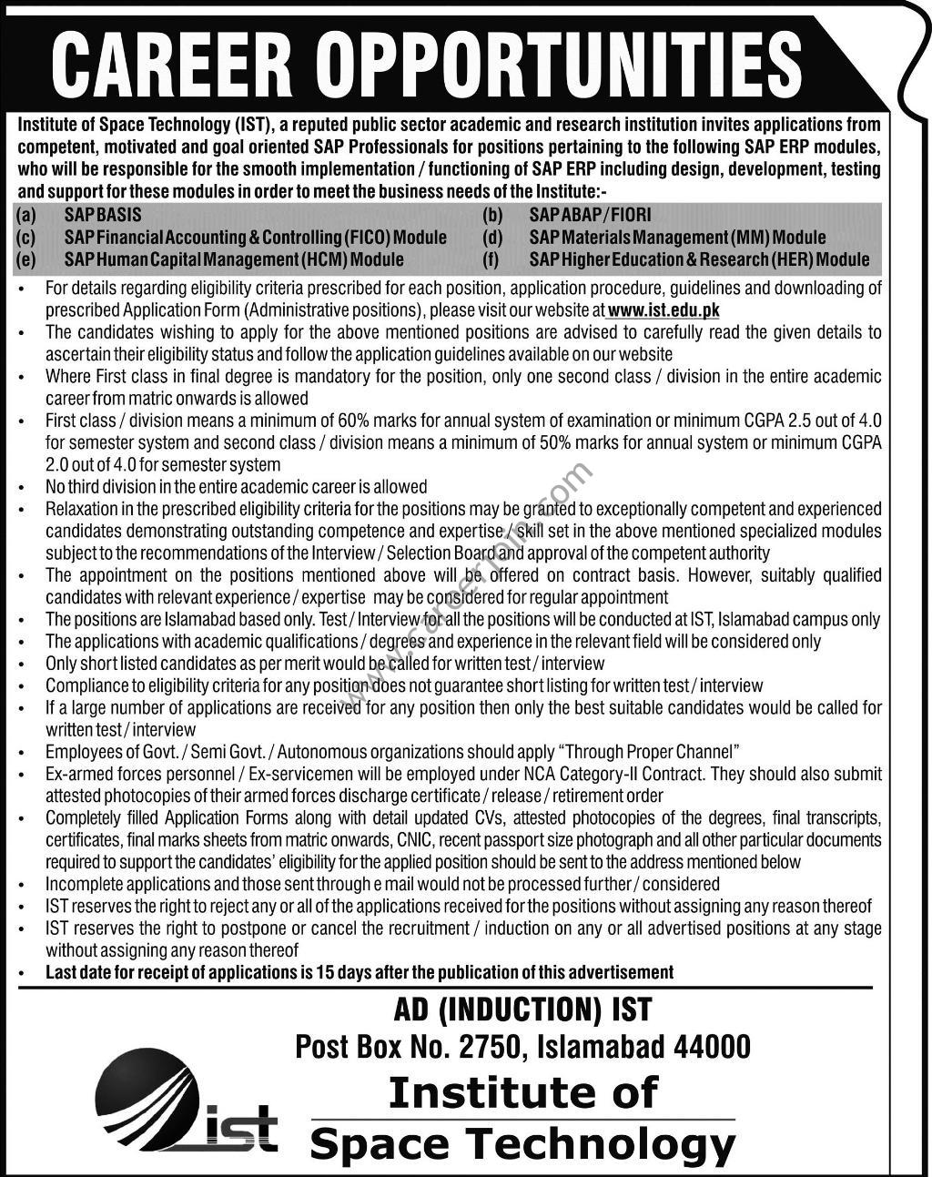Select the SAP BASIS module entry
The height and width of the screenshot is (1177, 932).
103,216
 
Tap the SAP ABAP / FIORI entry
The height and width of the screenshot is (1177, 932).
591,216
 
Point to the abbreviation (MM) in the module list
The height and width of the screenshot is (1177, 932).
750,238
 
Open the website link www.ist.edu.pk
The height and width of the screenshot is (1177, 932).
664,310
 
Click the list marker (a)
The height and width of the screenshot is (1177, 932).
25,216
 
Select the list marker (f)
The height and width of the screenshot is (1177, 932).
491,259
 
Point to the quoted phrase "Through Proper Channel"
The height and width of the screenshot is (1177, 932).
652,752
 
